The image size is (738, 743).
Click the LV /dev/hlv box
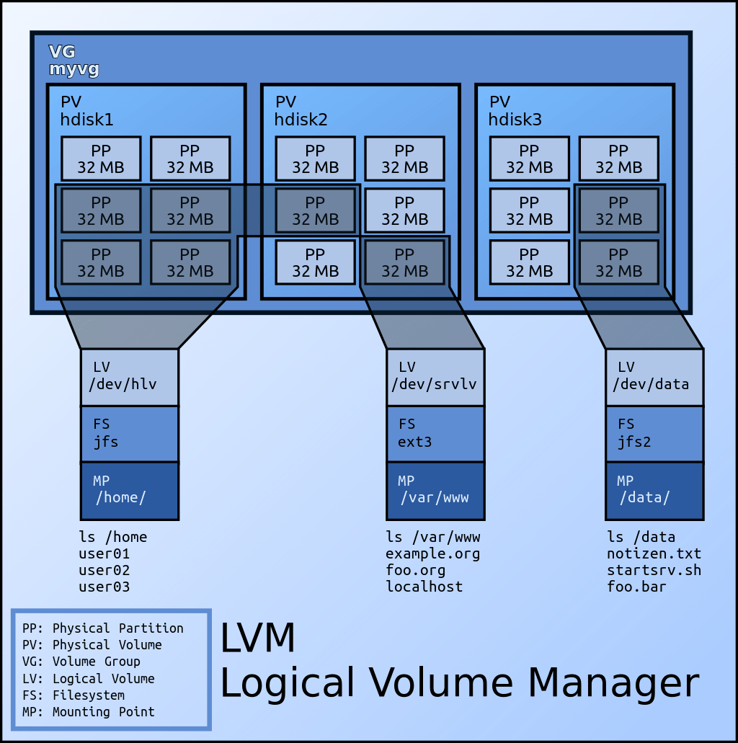tap(129, 377)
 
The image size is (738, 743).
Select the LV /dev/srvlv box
tap(435, 377)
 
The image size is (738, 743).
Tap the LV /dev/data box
tap(654, 377)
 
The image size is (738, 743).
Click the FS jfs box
tap(129, 433)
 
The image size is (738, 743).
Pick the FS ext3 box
tap(435, 433)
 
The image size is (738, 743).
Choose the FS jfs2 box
tap(654, 433)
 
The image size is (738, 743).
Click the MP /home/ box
tap(129, 490)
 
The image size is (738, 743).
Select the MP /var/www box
tap(435, 490)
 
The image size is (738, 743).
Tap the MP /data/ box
tap(654, 490)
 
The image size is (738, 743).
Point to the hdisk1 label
tap(86, 120)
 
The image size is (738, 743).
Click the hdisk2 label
tap(301, 120)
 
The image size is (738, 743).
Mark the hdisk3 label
tap(515, 120)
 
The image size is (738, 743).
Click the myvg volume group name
tap(74, 70)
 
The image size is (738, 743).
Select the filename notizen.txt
tap(654, 553)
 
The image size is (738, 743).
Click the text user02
tap(104, 570)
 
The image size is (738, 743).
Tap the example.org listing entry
tap(432, 553)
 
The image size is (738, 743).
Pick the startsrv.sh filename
tap(654, 570)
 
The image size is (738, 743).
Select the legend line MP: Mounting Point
tap(88, 712)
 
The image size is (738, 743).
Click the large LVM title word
tap(257, 639)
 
